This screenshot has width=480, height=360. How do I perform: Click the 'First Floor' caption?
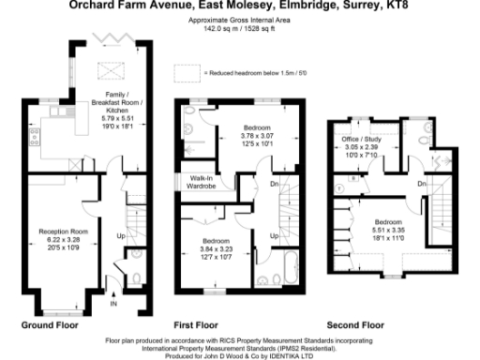tap(197, 324)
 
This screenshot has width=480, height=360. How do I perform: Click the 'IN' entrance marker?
tap(113, 305)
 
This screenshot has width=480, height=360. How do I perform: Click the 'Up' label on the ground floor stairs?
tap(120, 234)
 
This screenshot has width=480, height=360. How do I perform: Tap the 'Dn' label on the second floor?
tap(423, 184)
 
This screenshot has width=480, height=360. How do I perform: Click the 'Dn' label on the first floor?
tap(273, 184)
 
